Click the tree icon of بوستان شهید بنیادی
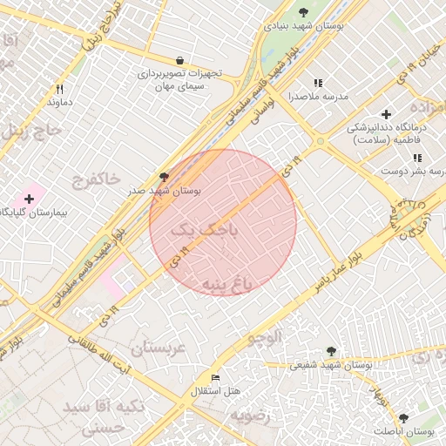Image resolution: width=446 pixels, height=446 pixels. coord(303,12)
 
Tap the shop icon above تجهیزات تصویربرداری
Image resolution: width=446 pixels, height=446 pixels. coord(180,61)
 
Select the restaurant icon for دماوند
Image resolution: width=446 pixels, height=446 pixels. coord(60,89)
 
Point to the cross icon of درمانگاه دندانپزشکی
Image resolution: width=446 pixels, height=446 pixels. coord(387,114)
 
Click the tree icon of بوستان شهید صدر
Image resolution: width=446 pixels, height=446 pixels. coord(163,176)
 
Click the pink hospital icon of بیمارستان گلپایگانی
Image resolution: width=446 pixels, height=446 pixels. coord(29,199)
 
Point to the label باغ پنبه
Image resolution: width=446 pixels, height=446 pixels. coord(226,285)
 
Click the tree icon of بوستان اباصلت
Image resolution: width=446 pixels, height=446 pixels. coord(402,418)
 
